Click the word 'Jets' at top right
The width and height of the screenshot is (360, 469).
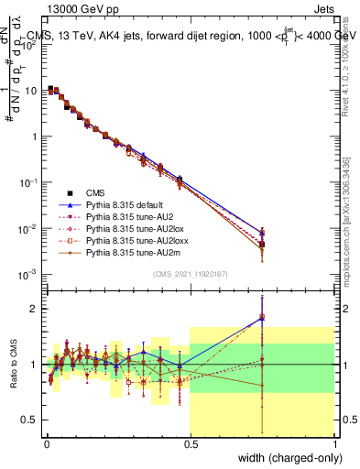point(322,11)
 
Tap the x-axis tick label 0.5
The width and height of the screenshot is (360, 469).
point(190,443)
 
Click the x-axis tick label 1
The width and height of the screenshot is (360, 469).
point(334,443)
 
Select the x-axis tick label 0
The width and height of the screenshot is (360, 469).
point(46,443)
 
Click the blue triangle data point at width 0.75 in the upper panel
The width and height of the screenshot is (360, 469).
point(262,233)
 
